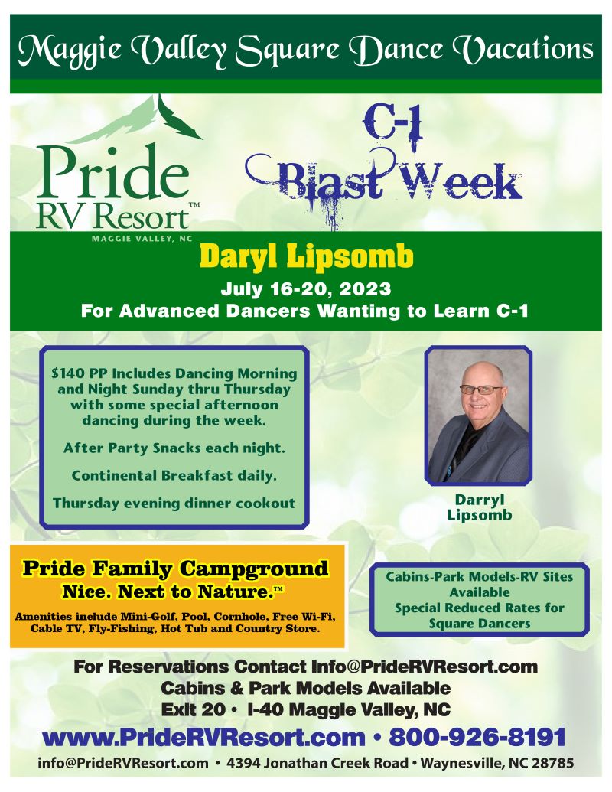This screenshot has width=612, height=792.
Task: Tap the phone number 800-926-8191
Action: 477,737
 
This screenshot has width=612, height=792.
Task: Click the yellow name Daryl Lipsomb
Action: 306,256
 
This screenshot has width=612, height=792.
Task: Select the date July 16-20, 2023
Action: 306,289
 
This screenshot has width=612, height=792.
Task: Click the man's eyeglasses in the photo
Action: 480,390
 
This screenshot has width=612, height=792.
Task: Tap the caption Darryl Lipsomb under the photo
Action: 479,507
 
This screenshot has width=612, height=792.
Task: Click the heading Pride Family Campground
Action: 174,569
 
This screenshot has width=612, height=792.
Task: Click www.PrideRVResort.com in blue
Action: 204,738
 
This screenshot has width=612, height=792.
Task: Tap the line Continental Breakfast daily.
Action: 174,476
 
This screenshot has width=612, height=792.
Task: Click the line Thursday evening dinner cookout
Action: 174,503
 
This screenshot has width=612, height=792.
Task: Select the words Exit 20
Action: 193,709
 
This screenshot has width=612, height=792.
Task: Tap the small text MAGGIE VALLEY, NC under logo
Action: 142,239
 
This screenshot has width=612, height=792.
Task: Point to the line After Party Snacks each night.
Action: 174,448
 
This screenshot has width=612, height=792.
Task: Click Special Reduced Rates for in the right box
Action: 479,608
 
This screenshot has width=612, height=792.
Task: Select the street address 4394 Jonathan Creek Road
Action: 317,763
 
